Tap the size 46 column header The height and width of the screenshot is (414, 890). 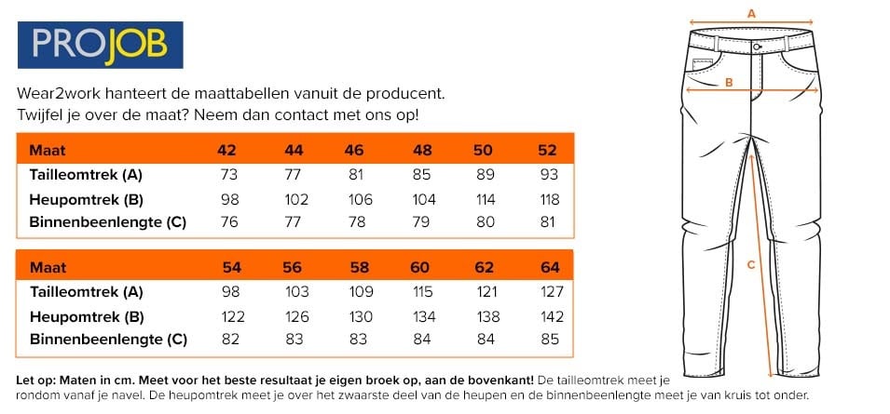[x=354, y=150]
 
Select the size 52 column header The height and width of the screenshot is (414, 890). [x=547, y=150]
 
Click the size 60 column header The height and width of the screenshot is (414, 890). [x=420, y=268]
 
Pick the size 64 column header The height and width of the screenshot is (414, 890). [x=550, y=268]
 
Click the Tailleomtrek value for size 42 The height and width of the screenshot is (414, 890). [x=226, y=175]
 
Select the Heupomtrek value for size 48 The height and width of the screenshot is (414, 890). [x=422, y=199]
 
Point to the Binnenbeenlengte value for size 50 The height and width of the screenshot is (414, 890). [x=483, y=222]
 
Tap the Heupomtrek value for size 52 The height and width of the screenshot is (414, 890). [x=547, y=199]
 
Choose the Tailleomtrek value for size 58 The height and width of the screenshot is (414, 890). [x=359, y=291]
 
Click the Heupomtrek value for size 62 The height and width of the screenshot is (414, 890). [x=485, y=316]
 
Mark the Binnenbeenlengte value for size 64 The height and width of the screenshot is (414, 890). [x=550, y=340]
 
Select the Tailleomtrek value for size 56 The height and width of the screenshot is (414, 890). [x=294, y=291]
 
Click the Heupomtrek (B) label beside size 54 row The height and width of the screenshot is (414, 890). [x=86, y=316]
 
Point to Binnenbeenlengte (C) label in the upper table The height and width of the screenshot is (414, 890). [x=108, y=222]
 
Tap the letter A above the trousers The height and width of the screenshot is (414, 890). [x=751, y=13]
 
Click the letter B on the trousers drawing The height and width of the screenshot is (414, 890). [x=730, y=83]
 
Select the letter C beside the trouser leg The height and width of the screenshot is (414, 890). [x=751, y=264]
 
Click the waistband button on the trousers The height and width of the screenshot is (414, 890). [x=757, y=46]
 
